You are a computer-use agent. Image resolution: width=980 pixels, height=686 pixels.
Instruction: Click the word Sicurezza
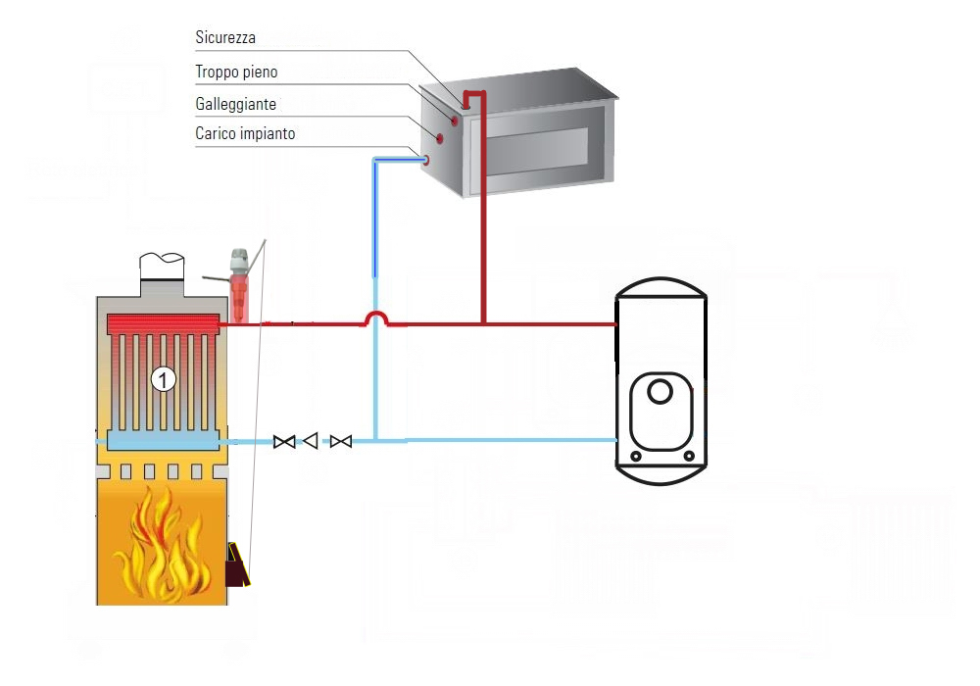point(225,38)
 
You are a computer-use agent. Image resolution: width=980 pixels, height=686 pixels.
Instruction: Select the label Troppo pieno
point(236,72)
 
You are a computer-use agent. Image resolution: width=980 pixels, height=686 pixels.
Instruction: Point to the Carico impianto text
point(245,133)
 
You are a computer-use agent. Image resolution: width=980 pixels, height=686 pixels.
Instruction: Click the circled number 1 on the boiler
point(163,379)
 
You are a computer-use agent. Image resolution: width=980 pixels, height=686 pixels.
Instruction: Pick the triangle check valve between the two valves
point(311,442)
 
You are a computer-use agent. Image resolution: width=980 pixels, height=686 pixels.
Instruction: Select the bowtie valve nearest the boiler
point(284,442)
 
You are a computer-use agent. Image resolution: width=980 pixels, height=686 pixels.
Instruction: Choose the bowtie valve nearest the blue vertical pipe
point(341,442)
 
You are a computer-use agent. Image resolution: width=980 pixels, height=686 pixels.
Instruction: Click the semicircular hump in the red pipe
point(375,318)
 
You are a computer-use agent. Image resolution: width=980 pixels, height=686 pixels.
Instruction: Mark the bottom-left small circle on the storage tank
point(636,457)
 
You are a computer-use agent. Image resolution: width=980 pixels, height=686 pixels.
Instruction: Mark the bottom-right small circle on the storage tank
point(689,457)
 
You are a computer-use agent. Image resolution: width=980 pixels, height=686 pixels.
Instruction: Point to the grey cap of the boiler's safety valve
point(238,261)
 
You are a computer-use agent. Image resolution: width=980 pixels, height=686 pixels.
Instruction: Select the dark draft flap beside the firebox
point(236,565)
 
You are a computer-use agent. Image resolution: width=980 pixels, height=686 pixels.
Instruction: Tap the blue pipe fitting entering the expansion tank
point(425,159)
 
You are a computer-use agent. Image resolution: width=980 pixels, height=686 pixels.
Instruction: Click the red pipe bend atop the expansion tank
point(474,95)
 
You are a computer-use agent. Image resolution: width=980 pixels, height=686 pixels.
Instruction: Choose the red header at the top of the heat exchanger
point(162,323)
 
